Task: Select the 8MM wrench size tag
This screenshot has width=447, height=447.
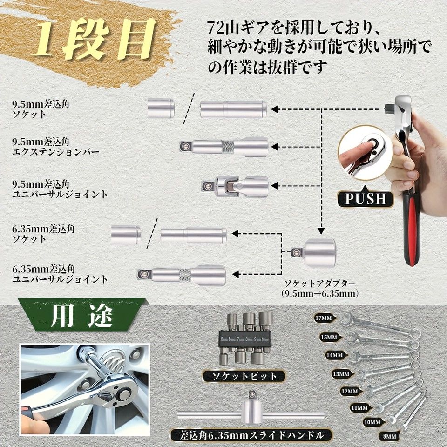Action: coord(390,436)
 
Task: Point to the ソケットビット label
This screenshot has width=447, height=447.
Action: coord(244,376)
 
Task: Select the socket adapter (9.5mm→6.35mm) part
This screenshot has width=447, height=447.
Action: coord(314,253)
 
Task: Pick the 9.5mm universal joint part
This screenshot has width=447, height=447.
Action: coord(235,186)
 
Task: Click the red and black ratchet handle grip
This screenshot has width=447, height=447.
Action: coord(413,233)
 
